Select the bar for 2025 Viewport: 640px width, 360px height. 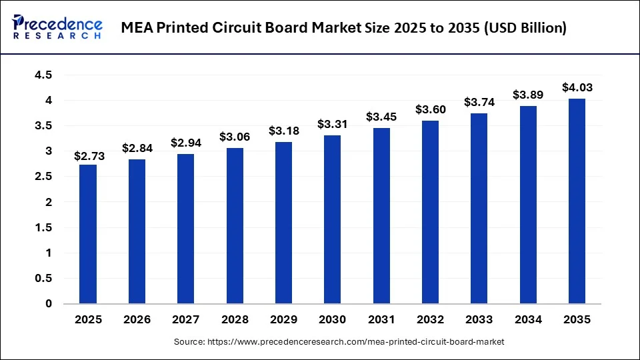(x=88, y=234)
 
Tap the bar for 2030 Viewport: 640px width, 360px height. (x=332, y=219)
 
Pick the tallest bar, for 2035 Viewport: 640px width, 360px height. (x=577, y=201)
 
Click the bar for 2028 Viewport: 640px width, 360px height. (x=235, y=225)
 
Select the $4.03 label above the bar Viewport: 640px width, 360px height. (x=577, y=88)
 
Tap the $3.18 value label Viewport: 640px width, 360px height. (x=283, y=131)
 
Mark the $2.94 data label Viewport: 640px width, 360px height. (x=186, y=143)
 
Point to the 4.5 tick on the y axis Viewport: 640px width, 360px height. (x=44, y=75)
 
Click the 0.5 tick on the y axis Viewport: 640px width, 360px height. (x=44, y=279)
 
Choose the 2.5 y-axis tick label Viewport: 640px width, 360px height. (x=44, y=177)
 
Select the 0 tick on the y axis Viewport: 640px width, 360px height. (x=49, y=304)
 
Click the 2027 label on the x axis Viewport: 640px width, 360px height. (x=186, y=320)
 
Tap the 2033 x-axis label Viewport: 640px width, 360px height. (x=479, y=320)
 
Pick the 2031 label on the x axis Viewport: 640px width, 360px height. (x=381, y=320)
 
